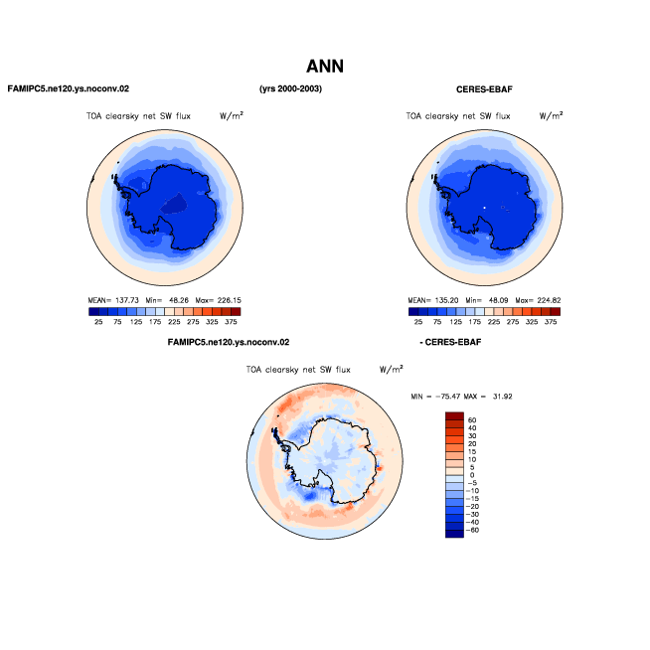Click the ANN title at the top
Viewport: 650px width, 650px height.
(x=325, y=67)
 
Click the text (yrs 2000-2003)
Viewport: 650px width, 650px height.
(x=290, y=88)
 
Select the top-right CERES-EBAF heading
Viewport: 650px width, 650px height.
(x=484, y=89)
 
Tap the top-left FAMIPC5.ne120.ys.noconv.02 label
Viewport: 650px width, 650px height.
(x=69, y=88)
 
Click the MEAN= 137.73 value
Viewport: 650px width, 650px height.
(x=113, y=300)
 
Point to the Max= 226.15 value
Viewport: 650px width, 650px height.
(x=218, y=300)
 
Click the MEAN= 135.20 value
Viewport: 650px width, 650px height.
(x=433, y=300)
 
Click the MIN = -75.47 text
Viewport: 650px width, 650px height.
(x=434, y=397)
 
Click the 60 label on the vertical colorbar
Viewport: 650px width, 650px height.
(x=472, y=420)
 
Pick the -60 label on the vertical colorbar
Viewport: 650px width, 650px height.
(x=472, y=530)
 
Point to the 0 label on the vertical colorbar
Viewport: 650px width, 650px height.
(x=472, y=475)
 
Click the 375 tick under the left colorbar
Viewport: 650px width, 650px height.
(x=231, y=322)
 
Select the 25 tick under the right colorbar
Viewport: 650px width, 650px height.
(x=418, y=322)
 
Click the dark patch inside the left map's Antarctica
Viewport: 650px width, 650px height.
(x=174, y=204)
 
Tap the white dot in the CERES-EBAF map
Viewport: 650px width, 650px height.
(x=484, y=207)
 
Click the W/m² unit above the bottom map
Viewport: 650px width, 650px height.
(x=391, y=369)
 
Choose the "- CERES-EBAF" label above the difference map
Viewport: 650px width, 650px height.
(x=450, y=343)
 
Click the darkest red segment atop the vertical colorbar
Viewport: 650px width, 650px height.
(x=454, y=416)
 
